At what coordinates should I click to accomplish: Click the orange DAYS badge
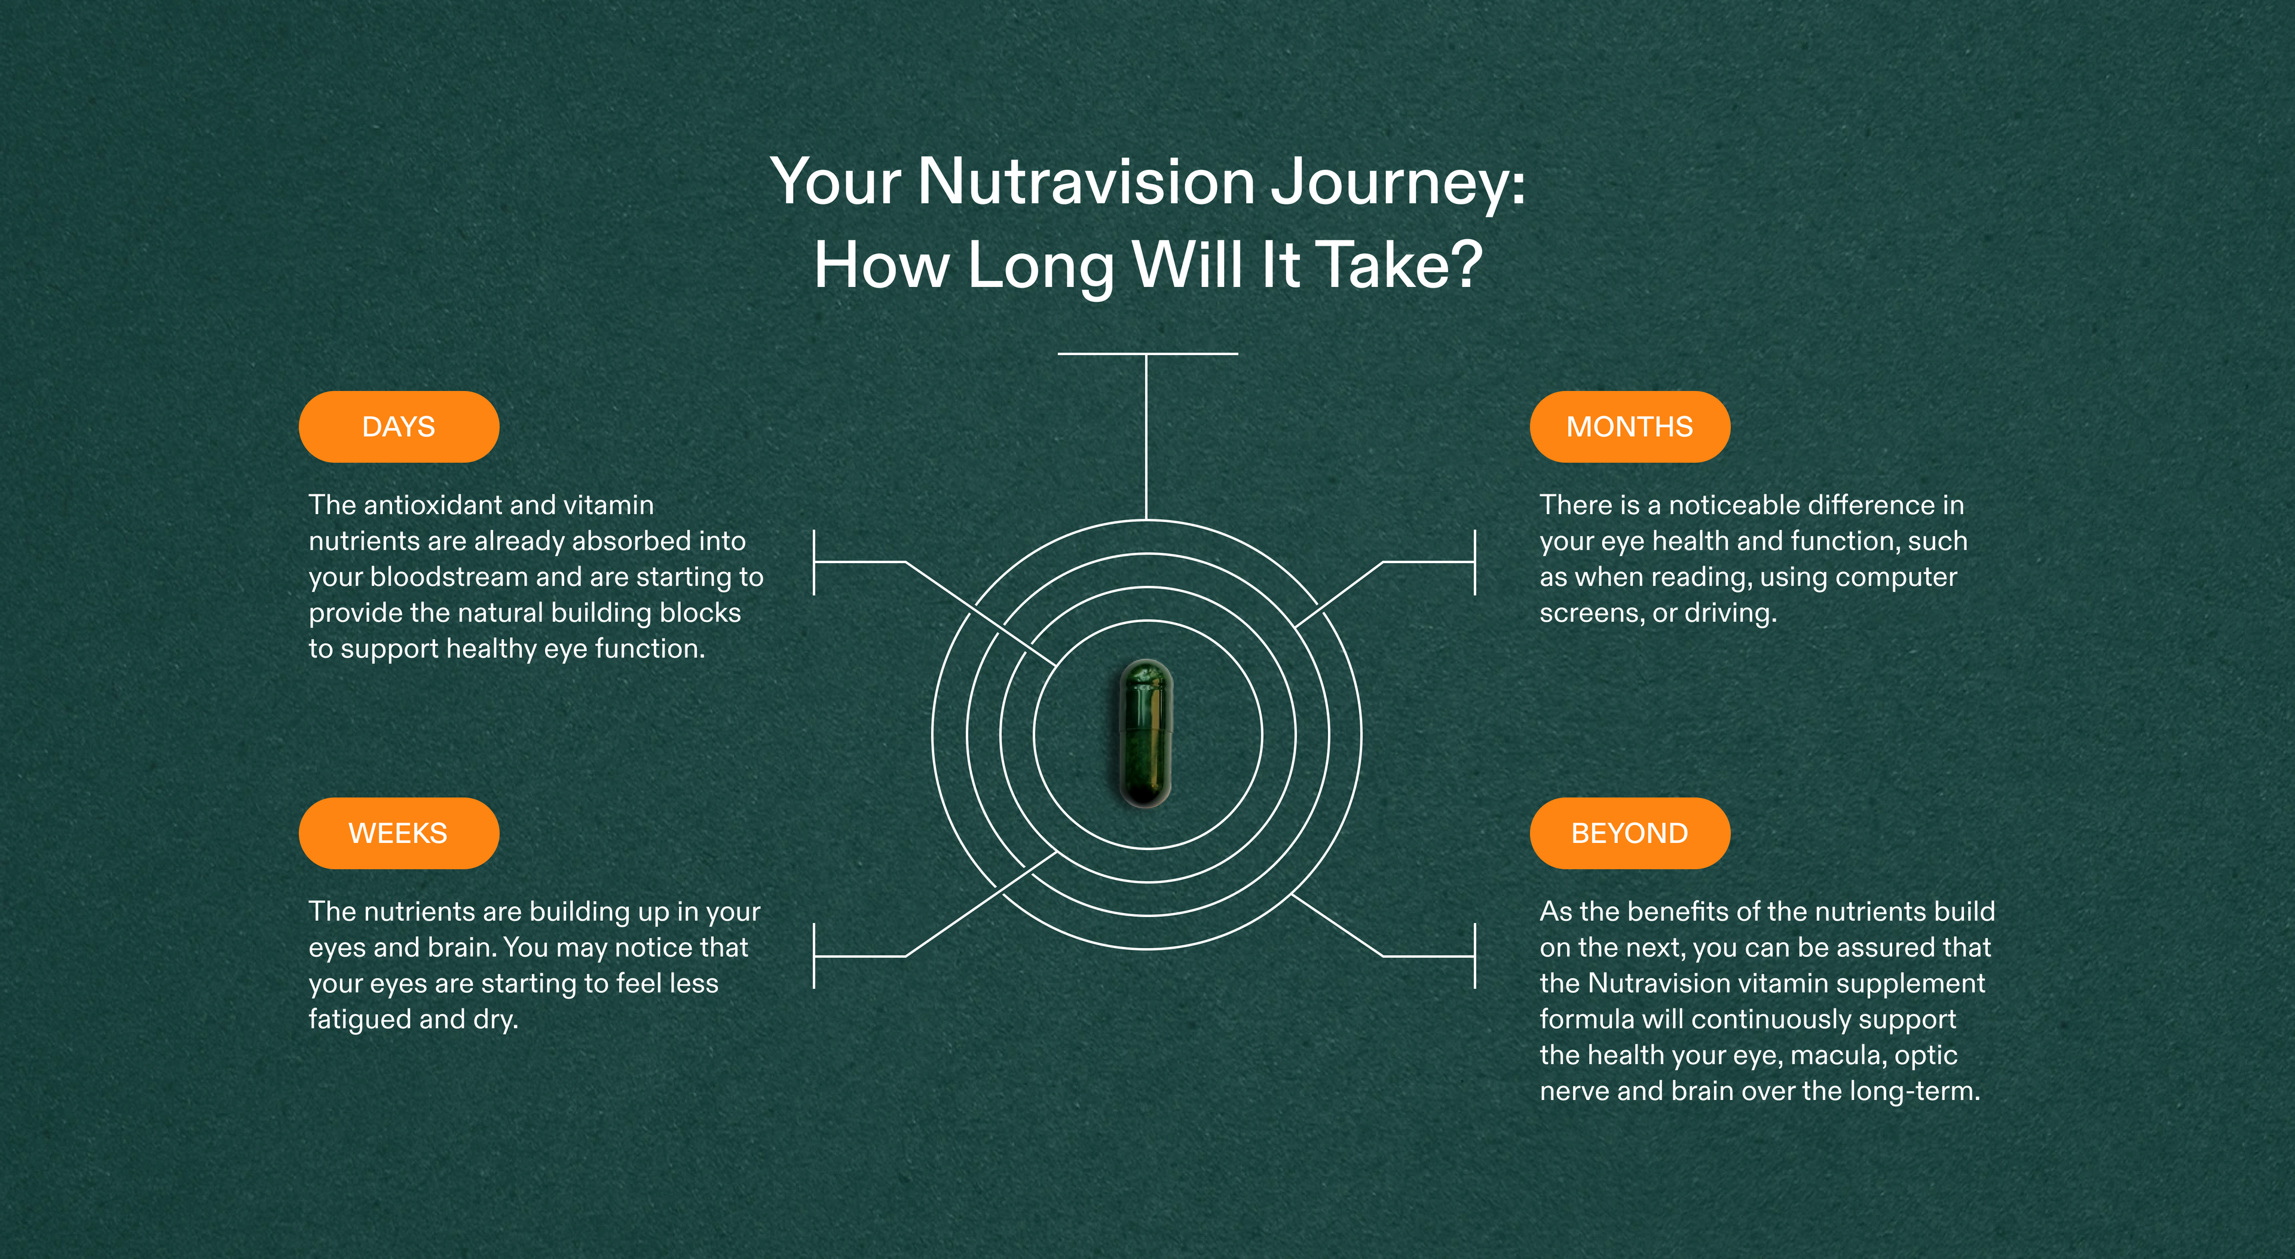398,427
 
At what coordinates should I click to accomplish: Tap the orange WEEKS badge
398,833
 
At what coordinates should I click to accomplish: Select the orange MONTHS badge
1629,427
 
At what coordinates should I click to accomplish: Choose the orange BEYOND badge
1629,833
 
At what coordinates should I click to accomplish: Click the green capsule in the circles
1146,734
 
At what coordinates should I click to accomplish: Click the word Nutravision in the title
1086,182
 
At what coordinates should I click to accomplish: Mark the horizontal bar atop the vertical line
1147,354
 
